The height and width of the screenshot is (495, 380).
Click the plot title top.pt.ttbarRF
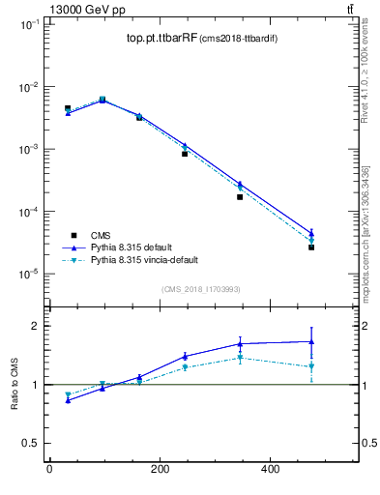pos(160,39)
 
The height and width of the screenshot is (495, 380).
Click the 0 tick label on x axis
pos(49,470)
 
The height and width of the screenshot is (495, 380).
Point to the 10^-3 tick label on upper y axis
pos(29,150)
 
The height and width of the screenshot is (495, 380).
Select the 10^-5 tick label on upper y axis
pos(29,275)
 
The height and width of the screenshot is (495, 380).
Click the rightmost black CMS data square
pos(311,247)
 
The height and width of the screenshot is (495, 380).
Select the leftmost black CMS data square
pos(68,108)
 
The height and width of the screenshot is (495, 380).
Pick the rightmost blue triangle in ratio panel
pos(311,341)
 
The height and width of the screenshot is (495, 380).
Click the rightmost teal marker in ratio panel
pos(311,366)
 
